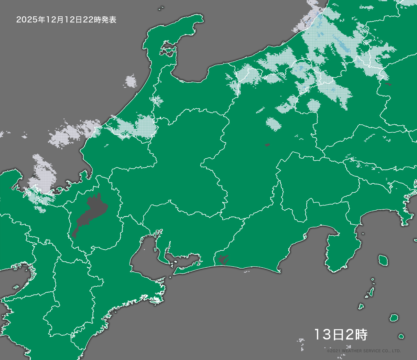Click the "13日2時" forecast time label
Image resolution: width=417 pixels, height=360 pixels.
(340, 335)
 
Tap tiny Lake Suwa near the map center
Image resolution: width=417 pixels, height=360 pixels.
(267, 145)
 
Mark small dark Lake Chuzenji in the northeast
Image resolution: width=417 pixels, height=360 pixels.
(388, 84)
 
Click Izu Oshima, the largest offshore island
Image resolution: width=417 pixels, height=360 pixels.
(382, 260)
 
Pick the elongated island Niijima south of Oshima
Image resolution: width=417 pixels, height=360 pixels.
(371, 292)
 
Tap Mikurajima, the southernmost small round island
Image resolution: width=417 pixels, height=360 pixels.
(401, 336)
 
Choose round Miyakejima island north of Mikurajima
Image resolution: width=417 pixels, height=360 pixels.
(394, 318)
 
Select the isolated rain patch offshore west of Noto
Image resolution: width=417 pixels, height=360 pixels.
(131, 81)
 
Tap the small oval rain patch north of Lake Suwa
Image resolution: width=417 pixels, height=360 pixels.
(273, 123)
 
